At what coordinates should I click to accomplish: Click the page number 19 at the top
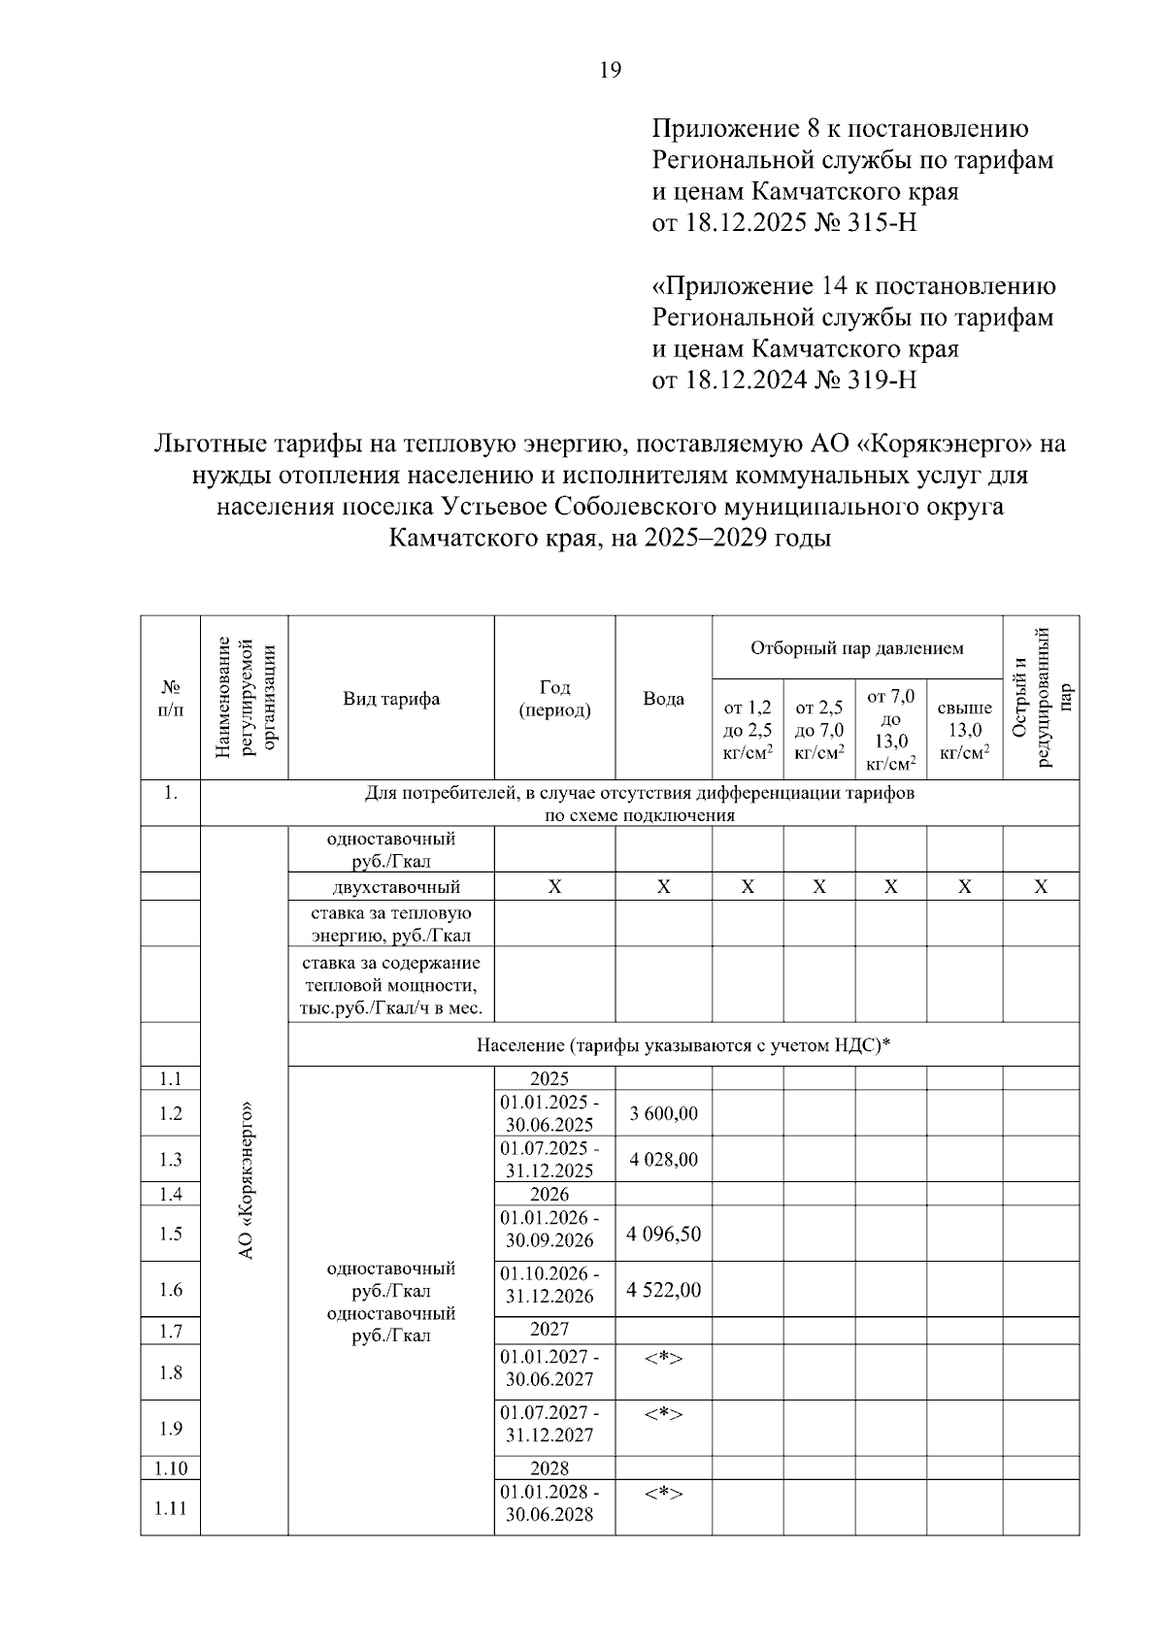coord(611,70)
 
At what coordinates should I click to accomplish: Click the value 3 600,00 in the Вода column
coord(663,1113)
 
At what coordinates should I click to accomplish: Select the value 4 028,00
coord(663,1159)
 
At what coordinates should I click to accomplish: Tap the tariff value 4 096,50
coord(663,1234)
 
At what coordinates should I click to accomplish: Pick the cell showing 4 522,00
coord(663,1290)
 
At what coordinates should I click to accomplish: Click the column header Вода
coord(663,699)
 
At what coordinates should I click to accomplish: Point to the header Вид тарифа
coord(390,699)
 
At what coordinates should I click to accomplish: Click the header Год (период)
coord(554,699)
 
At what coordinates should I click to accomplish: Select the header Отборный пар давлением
coord(856,647)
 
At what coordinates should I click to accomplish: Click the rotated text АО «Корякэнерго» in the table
coord(245,1179)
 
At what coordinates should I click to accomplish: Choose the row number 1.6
coord(171,1290)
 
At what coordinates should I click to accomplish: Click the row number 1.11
coord(171,1508)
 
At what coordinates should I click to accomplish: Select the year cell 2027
coord(549,1329)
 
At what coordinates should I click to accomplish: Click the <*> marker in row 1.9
coord(663,1414)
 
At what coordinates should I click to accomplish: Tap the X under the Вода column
coord(663,886)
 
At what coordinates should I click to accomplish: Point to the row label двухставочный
coord(390,886)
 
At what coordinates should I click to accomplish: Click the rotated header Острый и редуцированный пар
coord(1041,697)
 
